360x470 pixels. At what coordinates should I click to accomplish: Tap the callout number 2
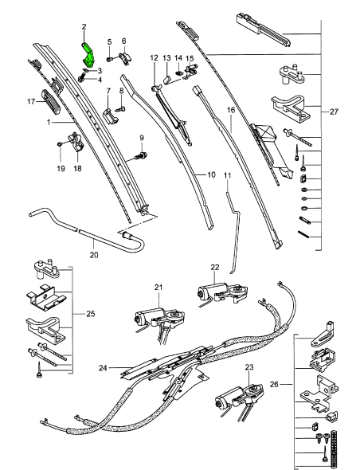tap(84, 28)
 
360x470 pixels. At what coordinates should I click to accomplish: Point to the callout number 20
tap(93, 256)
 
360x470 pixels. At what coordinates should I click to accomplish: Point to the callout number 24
tap(102, 367)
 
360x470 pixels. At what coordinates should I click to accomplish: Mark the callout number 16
tap(231, 110)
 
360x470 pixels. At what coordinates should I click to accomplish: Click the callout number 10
tap(211, 174)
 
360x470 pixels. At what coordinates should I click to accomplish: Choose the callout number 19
tap(60, 168)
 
